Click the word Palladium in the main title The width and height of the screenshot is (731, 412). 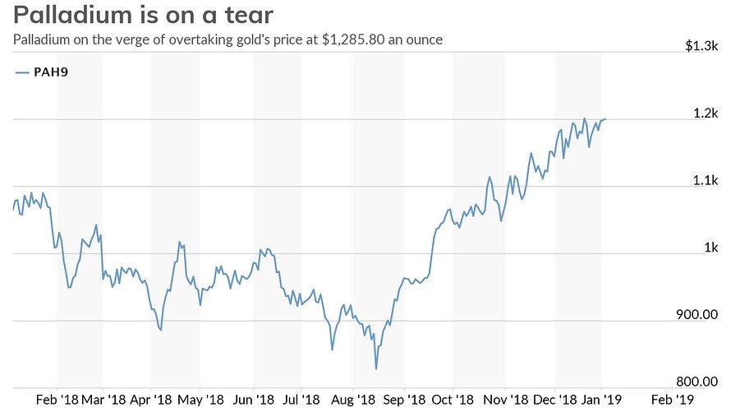pyautogui.click(x=67, y=15)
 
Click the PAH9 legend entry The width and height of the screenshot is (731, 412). pyautogui.click(x=50, y=72)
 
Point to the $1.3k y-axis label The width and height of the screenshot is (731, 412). pyautogui.click(x=702, y=46)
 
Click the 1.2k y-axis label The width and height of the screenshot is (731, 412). pyautogui.click(x=706, y=113)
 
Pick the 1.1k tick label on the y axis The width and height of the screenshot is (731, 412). pyautogui.click(x=706, y=181)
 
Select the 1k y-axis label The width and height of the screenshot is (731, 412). pyautogui.click(x=710, y=248)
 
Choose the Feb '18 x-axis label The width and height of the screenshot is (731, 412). pyautogui.click(x=57, y=400)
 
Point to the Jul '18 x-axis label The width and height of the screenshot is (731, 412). pyautogui.click(x=301, y=400)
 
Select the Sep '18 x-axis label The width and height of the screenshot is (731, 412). pyautogui.click(x=403, y=400)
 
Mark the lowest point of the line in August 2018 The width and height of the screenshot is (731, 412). pyautogui.click(x=376, y=368)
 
